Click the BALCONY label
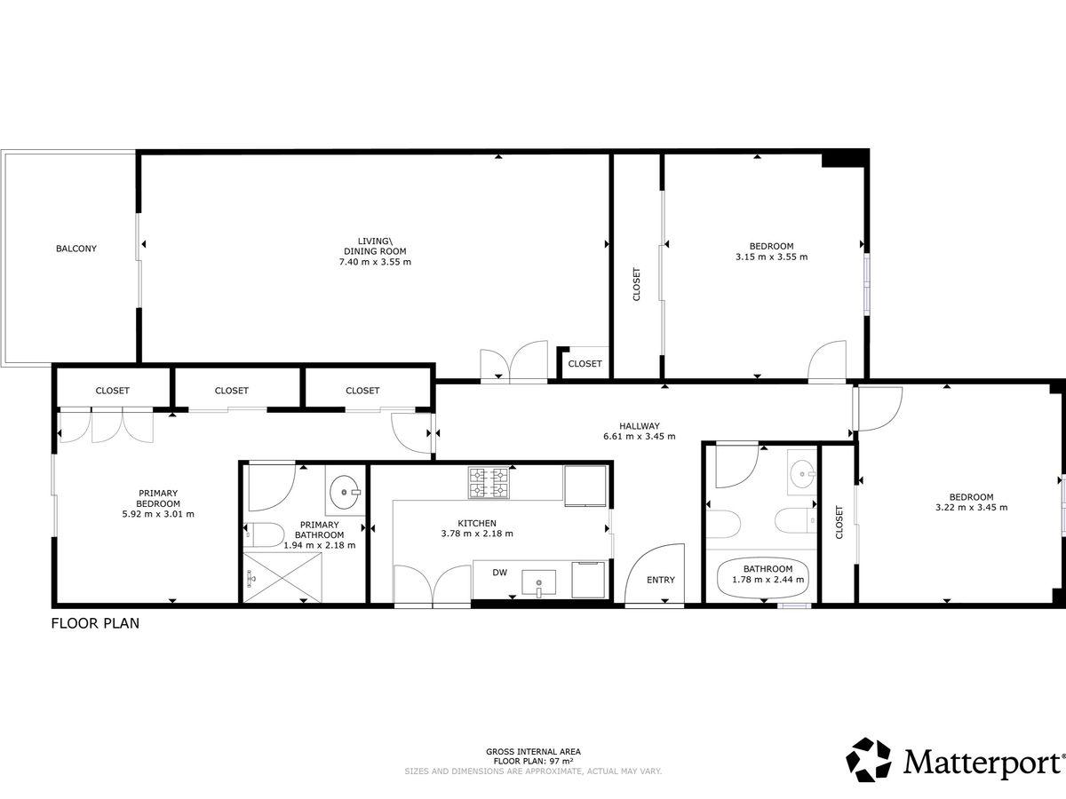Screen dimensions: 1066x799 [x=76, y=249]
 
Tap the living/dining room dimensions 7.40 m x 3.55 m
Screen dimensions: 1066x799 [x=375, y=262]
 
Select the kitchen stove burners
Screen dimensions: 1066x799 [x=489, y=483]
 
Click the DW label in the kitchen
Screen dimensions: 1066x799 [x=500, y=573]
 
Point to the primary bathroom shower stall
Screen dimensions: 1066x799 [x=282, y=577]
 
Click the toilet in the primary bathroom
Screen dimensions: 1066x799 [x=264, y=535]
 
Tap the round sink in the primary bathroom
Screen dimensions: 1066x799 [x=345, y=493]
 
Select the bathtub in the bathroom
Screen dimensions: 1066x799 [x=763, y=579]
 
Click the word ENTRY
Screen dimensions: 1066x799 [x=661, y=581]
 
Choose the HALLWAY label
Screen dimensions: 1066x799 [x=639, y=426]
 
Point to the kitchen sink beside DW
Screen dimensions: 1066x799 [x=539, y=582]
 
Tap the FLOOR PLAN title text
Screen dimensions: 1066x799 [x=95, y=623]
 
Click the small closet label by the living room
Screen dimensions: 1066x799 [x=585, y=364]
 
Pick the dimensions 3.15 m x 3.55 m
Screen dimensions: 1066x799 [x=771, y=257]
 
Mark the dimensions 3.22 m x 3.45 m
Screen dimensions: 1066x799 [x=971, y=508]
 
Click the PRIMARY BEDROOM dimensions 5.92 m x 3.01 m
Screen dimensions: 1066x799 [x=158, y=514]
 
